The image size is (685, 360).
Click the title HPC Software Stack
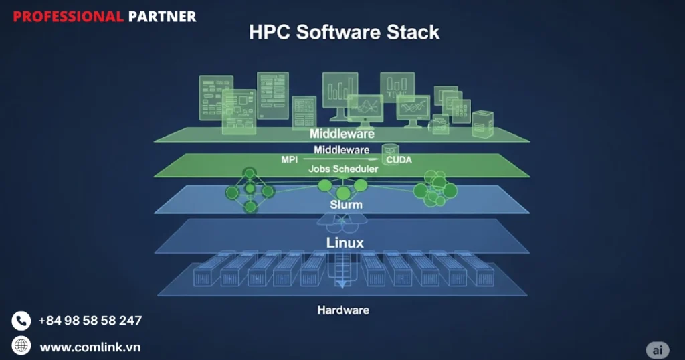click(x=344, y=32)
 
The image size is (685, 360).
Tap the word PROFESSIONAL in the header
click(x=68, y=17)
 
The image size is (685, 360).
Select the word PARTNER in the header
click(x=162, y=17)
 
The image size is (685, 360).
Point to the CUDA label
click(x=399, y=160)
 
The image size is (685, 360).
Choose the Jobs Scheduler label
click(x=343, y=169)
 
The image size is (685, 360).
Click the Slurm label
click(x=346, y=204)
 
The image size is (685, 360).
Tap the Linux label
click(x=345, y=242)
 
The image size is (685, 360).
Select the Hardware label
click(x=342, y=310)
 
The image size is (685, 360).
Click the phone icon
click(x=21, y=321)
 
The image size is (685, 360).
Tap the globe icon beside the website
click(x=21, y=345)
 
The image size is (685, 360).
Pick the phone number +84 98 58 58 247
click(x=90, y=321)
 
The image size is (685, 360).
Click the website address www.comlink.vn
click(x=90, y=347)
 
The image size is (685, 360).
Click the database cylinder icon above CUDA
click(x=389, y=150)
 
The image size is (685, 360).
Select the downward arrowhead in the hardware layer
click(x=342, y=284)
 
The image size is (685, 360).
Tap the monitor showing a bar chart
click(x=340, y=90)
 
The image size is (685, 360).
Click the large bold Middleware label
click(x=342, y=134)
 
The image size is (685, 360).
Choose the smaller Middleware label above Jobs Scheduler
click(x=342, y=149)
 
